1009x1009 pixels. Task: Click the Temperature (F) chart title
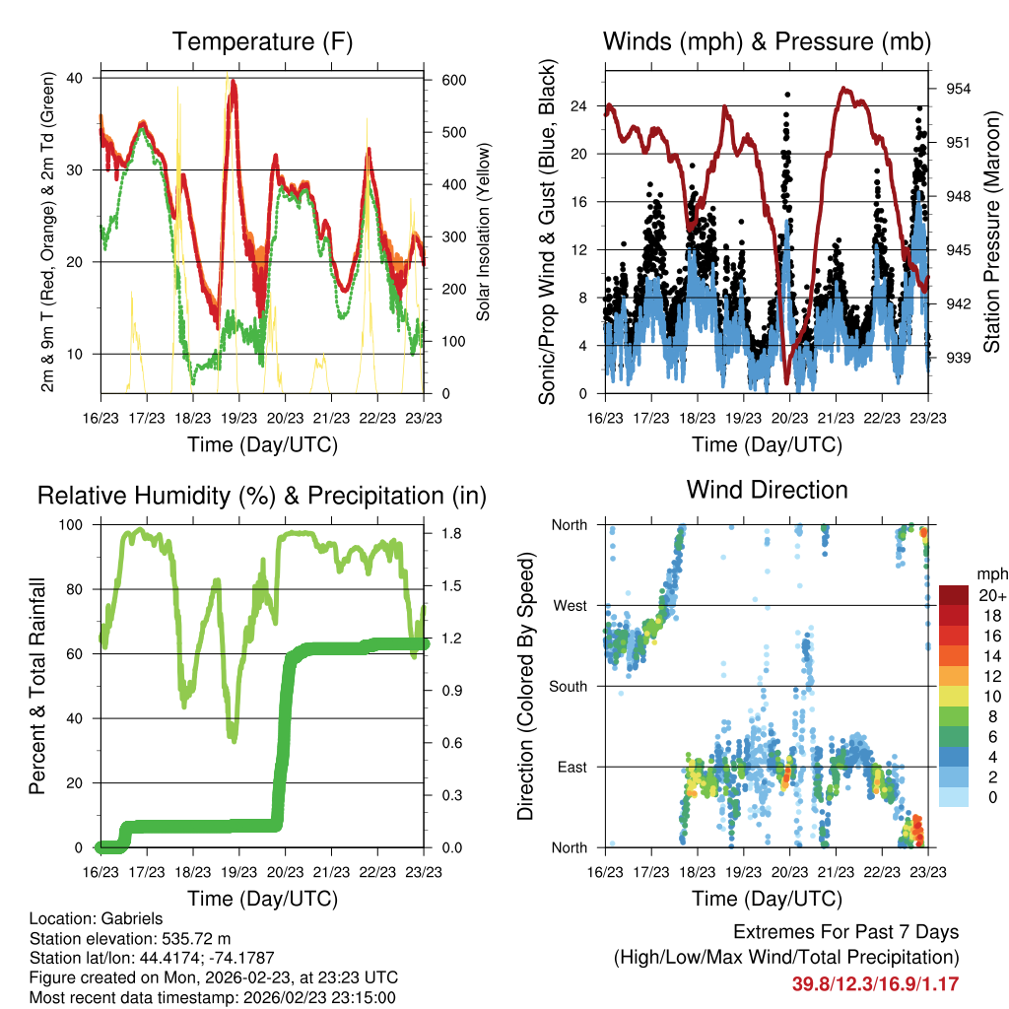261,41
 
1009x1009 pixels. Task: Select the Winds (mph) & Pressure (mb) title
767,41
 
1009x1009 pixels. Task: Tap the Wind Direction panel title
767,489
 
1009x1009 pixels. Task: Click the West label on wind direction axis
569,605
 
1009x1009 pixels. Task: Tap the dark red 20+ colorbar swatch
953,595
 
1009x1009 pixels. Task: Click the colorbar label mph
989,573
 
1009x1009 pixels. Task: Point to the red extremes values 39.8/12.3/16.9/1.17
875,983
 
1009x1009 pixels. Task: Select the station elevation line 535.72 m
130,938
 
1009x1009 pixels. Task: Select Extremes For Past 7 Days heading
845,932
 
